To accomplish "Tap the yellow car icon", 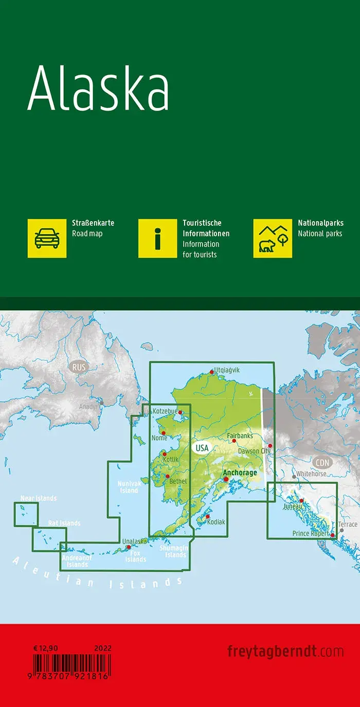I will pyautogui.click(x=47, y=238).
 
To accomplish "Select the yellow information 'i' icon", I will pyautogui.click(x=158, y=238).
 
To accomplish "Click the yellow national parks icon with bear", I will pyautogui.click(x=273, y=238).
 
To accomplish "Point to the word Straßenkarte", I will pyautogui.click(x=93, y=223).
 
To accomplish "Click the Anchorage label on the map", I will pyautogui.click(x=240, y=473).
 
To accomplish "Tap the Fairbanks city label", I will pyautogui.click(x=240, y=435).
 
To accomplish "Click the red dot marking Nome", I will pyautogui.click(x=164, y=433).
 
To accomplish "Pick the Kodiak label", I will pyautogui.click(x=217, y=522).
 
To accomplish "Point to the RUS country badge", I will pyautogui.click(x=79, y=367).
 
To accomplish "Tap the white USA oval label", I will pyautogui.click(x=202, y=448).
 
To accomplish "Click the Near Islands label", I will pyautogui.click(x=39, y=498).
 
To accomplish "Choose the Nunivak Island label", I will pyautogui.click(x=128, y=487).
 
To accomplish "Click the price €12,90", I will pyautogui.click(x=44, y=648).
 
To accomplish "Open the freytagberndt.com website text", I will pyautogui.click(x=285, y=651).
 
